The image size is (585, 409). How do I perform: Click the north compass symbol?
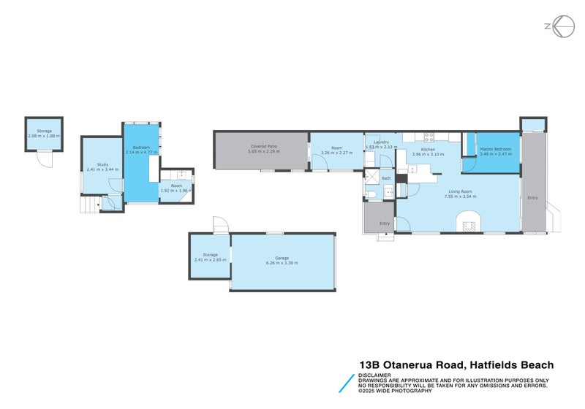(x=560, y=26)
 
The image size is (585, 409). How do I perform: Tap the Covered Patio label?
(x=263, y=147)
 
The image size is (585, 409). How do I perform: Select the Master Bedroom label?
(x=495, y=149)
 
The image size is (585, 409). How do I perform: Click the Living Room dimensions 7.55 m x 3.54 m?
(x=460, y=196)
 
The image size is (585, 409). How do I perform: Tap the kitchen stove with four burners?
(x=429, y=136)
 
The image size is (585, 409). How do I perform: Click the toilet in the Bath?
(x=370, y=194)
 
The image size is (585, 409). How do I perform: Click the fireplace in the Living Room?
(x=469, y=221)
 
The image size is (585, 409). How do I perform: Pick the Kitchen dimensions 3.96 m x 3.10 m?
(x=429, y=154)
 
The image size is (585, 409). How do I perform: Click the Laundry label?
(x=380, y=142)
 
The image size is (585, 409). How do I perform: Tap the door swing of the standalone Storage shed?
(x=46, y=158)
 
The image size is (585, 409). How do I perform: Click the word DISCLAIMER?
(x=374, y=375)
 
